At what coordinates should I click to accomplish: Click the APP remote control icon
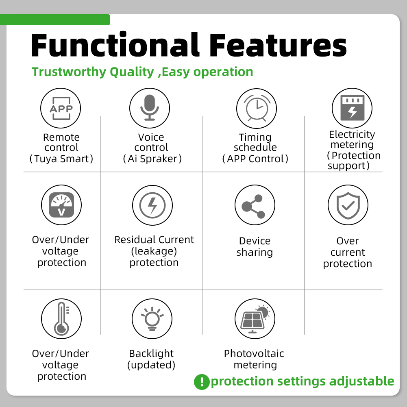61,108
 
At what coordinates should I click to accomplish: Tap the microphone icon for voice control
150,108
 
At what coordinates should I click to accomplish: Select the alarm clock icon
257,108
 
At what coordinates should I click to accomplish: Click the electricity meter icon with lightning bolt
352,108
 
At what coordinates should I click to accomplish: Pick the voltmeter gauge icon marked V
61,205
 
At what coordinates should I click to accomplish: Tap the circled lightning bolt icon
152,205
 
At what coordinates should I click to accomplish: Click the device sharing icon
255,205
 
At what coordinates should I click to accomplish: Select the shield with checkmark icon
348,205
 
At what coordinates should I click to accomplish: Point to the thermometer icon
61,318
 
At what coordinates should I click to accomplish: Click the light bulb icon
152,318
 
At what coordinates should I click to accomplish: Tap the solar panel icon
255,318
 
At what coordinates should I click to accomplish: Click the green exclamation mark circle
202,382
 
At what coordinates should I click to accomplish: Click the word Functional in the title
115,45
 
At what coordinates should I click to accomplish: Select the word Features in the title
278,45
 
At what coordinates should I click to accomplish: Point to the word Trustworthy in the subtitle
69,72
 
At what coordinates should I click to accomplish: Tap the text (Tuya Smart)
61,159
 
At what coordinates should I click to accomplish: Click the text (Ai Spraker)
152,159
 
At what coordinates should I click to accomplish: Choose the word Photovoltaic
254,353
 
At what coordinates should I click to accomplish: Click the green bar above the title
55,20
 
